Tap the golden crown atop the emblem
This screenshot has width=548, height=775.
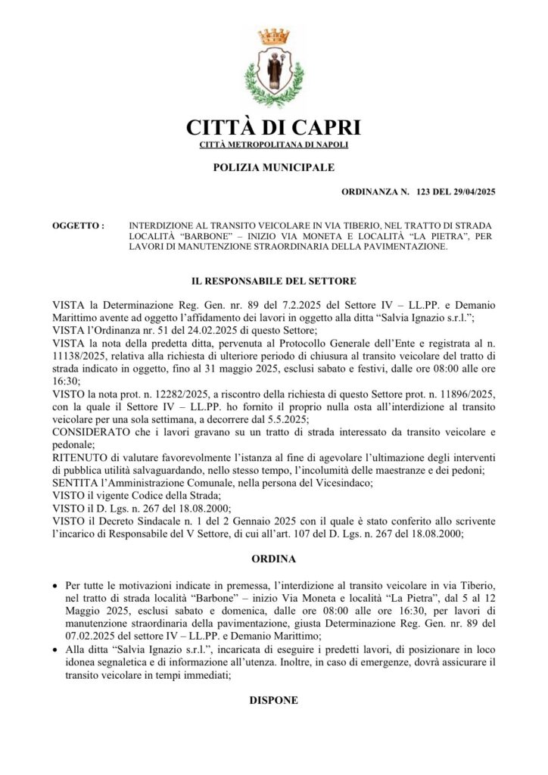(274, 35)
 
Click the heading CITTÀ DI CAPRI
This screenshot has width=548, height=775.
(273, 126)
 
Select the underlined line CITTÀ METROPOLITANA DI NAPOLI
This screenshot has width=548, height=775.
(273, 145)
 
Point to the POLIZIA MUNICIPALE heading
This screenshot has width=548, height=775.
(273, 167)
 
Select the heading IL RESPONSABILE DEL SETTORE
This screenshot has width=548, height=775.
(273, 281)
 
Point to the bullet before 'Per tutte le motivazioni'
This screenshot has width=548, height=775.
(55, 587)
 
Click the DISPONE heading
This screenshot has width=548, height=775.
(273, 701)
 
